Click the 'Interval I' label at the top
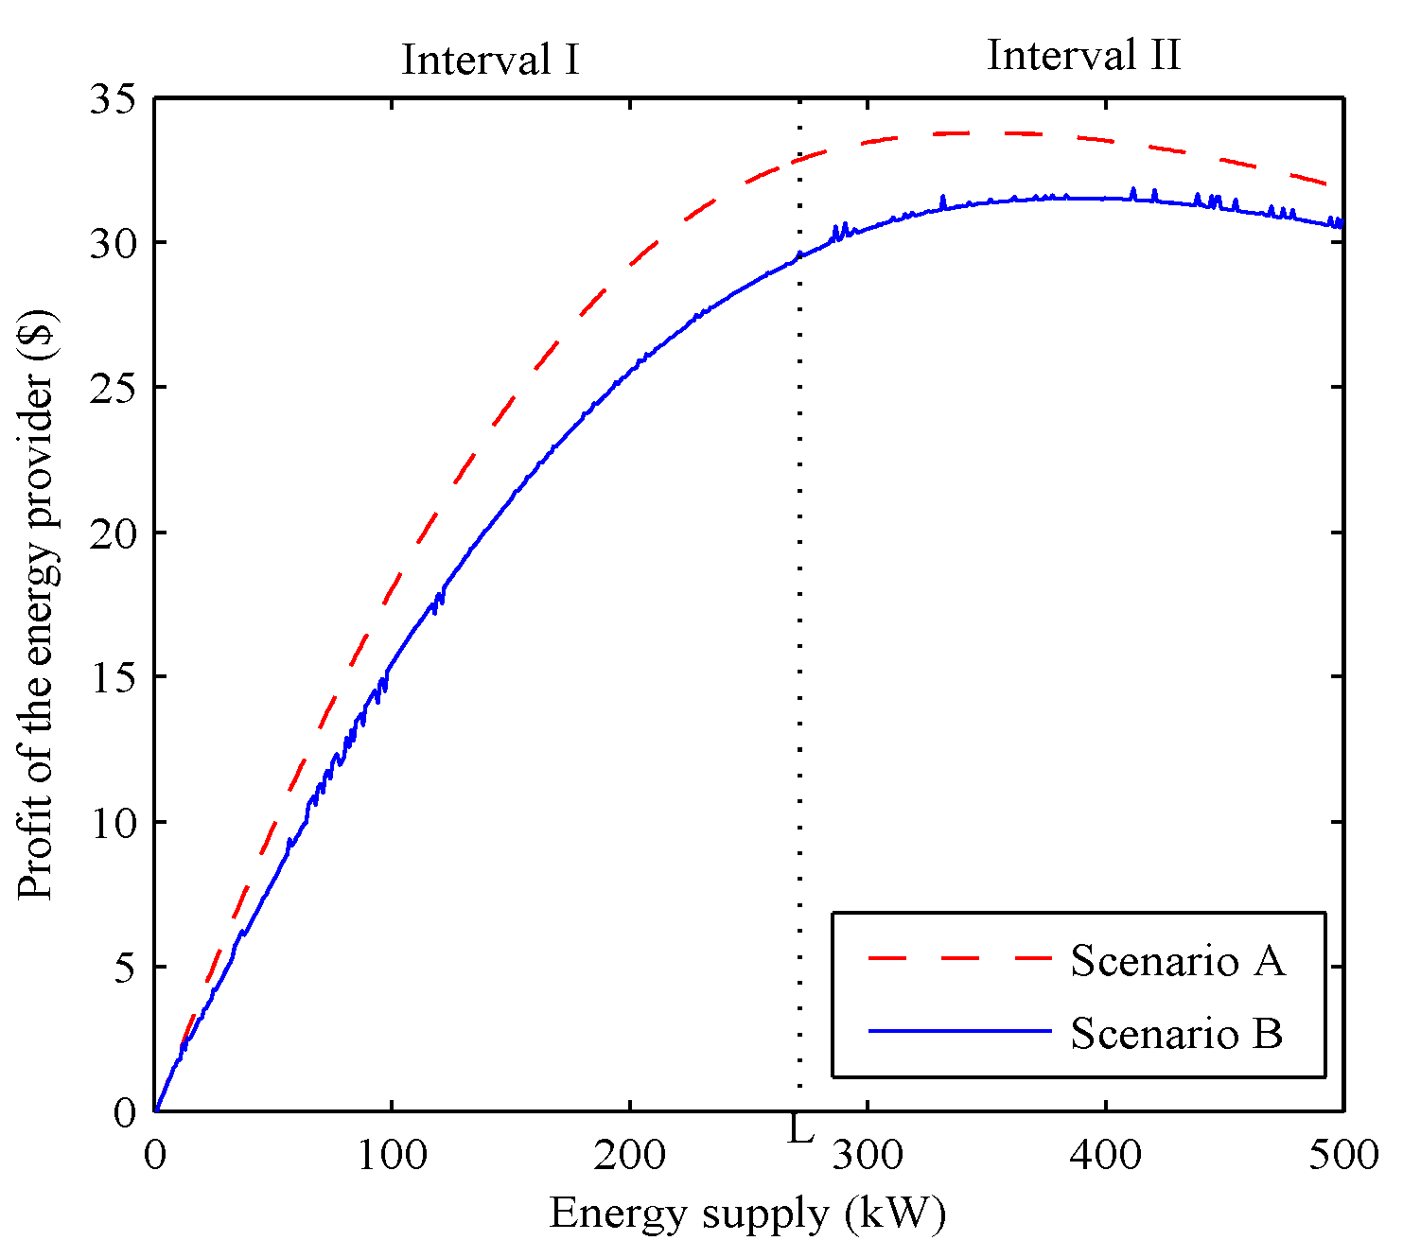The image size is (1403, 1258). pyautogui.click(x=490, y=61)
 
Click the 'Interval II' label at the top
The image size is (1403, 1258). pyautogui.click(x=1084, y=56)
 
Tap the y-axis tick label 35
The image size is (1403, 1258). pyautogui.click(x=113, y=99)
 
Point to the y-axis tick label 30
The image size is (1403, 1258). pyautogui.click(x=113, y=243)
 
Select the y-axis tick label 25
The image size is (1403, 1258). pyautogui.click(x=113, y=388)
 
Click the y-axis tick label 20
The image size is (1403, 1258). pyautogui.click(x=113, y=533)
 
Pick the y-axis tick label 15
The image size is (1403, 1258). pyautogui.click(x=113, y=677)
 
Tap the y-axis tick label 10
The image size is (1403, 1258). pyautogui.click(x=113, y=822)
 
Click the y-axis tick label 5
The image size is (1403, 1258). pyautogui.click(x=125, y=968)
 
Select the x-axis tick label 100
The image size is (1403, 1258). pyautogui.click(x=392, y=1155)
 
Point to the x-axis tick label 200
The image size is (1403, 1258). pyautogui.click(x=629, y=1155)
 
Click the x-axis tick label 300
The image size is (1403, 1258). pyautogui.click(x=868, y=1155)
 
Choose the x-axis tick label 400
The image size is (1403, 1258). pyautogui.click(x=1105, y=1155)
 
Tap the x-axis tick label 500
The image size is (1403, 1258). pyautogui.click(x=1342, y=1155)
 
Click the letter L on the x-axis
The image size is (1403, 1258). pyautogui.click(x=800, y=1130)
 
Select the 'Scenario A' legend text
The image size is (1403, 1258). pyautogui.click(x=1178, y=961)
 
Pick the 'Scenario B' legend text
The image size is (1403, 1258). pyautogui.click(x=1177, y=1034)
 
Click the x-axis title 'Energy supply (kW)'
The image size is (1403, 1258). pyautogui.click(x=747, y=1214)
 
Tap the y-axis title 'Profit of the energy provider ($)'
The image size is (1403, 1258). pyautogui.click(x=38, y=605)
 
